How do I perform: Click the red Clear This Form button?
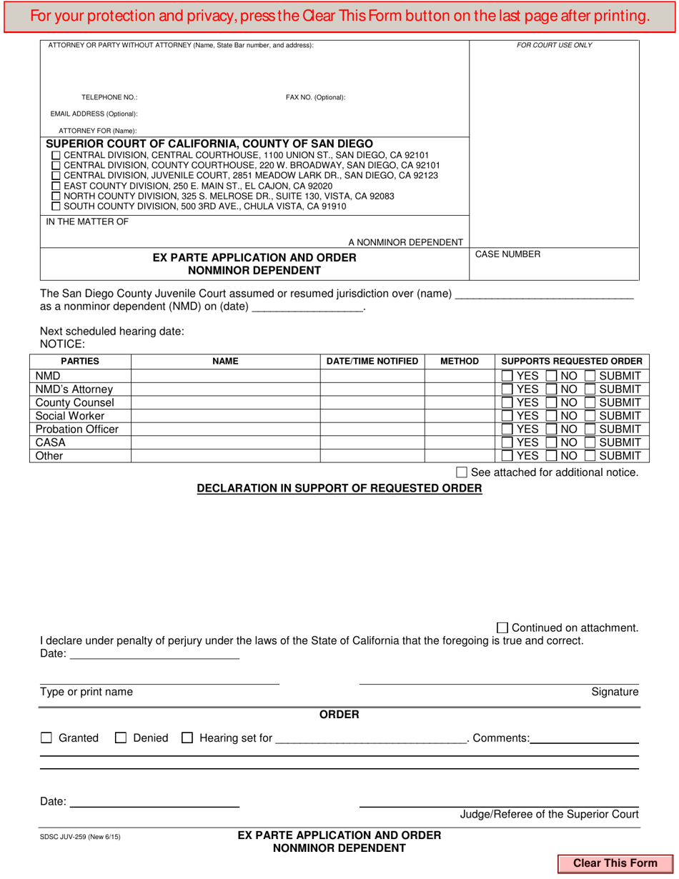pyautogui.click(x=615, y=863)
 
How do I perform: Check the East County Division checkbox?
pyautogui.click(x=57, y=186)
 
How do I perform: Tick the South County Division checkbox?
pyautogui.click(x=57, y=207)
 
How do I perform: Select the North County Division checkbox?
pyautogui.click(x=57, y=197)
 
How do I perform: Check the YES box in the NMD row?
pyautogui.click(x=507, y=376)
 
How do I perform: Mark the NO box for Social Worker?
pyautogui.click(x=552, y=416)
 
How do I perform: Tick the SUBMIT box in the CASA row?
pyautogui.click(x=590, y=442)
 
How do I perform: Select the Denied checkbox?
pyautogui.click(x=121, y=738)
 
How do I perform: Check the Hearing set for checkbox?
pyautogui.click(x=187, y=738)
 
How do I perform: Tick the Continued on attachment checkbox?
pyautogui.click(x=502, y=627)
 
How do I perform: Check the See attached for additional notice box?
pyautogui.click(x=462, y=472)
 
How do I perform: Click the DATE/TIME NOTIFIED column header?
pyautogui.click(x=372, y=362)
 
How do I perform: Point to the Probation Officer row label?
pyautogui.click(x=77, y=429)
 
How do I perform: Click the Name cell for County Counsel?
pyautogui.click(x=225, y=402)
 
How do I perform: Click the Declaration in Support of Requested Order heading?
pyautogui.click(x=339, y=488)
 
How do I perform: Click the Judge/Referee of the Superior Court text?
pyautogui.click(x=549, y=814)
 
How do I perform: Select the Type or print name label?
pyautogui.click(x=86, y=692)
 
